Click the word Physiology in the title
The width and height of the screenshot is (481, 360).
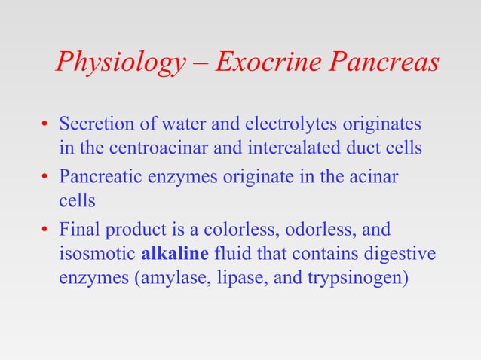pyautogui.click(x=119, y=63)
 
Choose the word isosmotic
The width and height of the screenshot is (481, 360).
pyautogui.click(x=97, y=252)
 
